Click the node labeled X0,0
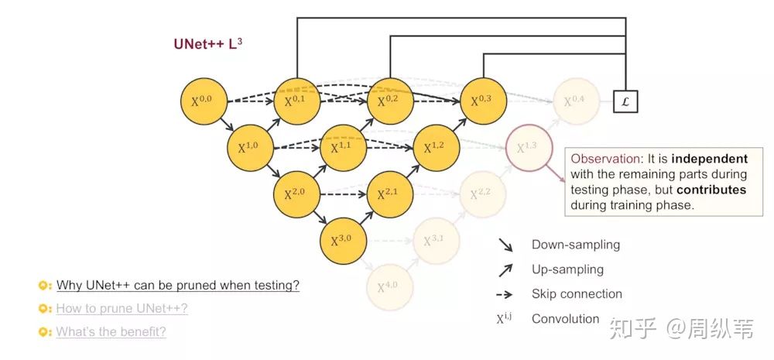pyautogui.click(x=205, y=101)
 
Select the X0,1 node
pyautogui.click(x=297, y=101)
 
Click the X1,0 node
pyautogui.click(x=252, y=147)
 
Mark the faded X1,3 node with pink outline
pyautogui.click(x=529, y=147)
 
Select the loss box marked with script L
pyautogui.click(x=625, y=101)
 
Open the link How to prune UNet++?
pyautogui.click(x=122, y=309)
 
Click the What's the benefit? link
pyautogui.click(x=111, y=332)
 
